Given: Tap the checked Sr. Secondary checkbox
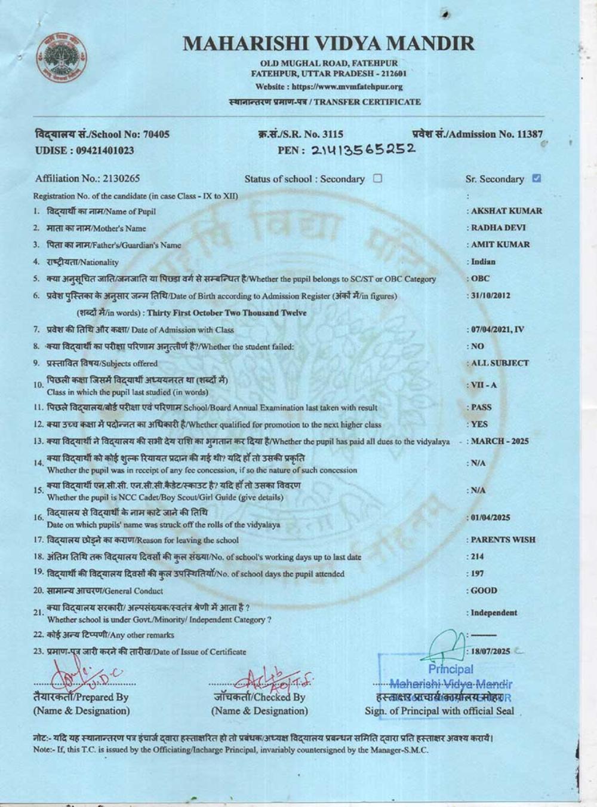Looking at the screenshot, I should [x=536, y=178].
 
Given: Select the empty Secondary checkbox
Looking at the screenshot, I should [x=377, y=178].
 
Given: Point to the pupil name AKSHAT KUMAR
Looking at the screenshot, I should [x=506, y=211].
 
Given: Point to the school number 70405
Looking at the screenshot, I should [x=157, y=134].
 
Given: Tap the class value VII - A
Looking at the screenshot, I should [x=484, y=385].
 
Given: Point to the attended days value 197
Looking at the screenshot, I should [x=478, y=574].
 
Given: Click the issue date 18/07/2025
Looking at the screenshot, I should [x=491, y=652].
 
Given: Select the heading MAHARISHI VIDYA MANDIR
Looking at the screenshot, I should [x=328, y=43].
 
